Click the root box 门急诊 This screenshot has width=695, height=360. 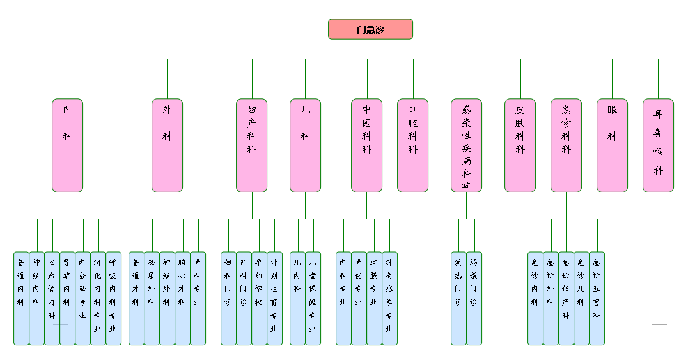tap(370, 29)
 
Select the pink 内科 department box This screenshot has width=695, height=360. tap(67, 145)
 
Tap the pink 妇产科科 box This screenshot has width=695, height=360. tap(251, 145)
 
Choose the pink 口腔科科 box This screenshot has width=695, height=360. tap(412, 145)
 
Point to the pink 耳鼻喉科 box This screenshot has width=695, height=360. tap(658, 145)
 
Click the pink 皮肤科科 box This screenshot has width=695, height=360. tap(520, 145)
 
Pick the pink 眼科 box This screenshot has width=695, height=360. tap(612, 145)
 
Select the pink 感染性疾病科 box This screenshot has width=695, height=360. tap(466, 145)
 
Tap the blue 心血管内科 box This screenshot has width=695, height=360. tap(52, 298)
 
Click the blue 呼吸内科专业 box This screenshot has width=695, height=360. tap(113, 298)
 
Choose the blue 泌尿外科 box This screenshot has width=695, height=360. tap(152, 298)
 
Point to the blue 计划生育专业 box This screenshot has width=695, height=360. tap(274, 298)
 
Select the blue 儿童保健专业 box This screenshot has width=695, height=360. tap(313, 298)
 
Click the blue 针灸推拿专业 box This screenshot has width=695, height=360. tap(389, 298)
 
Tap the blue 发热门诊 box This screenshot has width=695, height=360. tap(458, 298)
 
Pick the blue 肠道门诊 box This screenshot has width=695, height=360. tap(474, 298)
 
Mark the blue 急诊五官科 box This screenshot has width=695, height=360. tap(597, 298)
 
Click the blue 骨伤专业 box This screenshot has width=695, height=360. tap(359, 298)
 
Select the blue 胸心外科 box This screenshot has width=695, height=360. tap(182, 298)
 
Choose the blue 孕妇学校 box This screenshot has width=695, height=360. tap(259, 298)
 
